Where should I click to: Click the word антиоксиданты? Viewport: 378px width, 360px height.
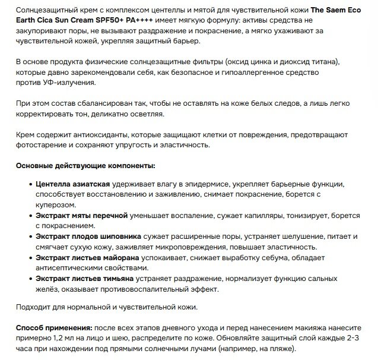[97, 134]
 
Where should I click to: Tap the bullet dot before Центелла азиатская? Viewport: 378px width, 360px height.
[30, 185]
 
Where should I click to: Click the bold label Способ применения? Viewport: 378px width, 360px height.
[53, 327]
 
